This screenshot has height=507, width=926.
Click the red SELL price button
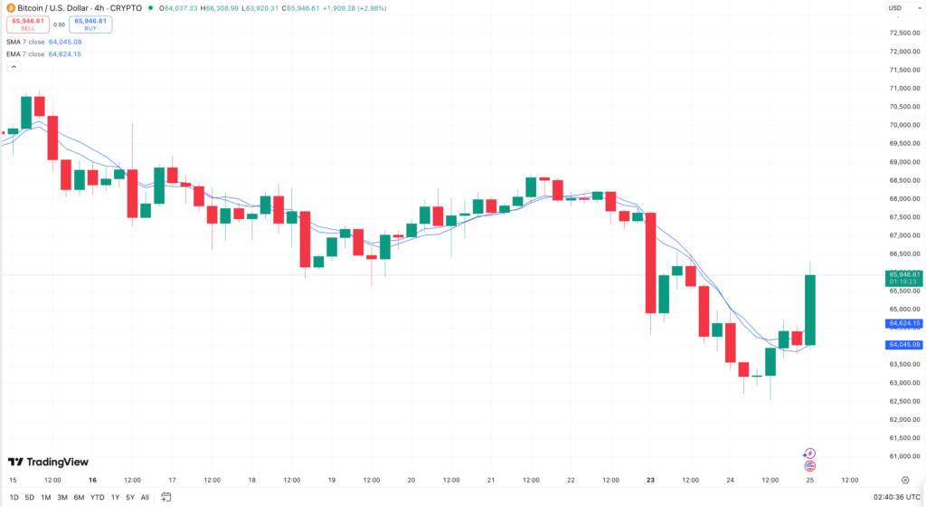[x=27, y=24]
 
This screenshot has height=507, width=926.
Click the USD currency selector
[x=895, y=8]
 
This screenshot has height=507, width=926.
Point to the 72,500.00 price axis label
[x=904, y=33]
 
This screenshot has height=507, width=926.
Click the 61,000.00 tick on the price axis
[x=904, y=456]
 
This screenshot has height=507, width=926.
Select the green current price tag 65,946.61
[x=904, y=277]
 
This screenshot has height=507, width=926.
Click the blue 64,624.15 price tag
[x=904, y=323]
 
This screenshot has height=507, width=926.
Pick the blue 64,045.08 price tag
[x=904, y=345]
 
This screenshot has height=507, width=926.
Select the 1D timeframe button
[x=14, y=497]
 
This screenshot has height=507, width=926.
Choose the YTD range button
[x=97, y=497]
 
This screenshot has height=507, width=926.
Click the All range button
[x=145, y=497]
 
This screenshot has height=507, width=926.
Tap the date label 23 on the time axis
[x=650, y=480]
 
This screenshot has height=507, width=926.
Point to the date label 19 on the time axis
[x=332, y=480]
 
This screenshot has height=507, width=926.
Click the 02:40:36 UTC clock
[x=896, y=497]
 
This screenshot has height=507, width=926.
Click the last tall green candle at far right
[x=810, y=310]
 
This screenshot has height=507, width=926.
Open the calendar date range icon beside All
[x=166, y=497]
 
